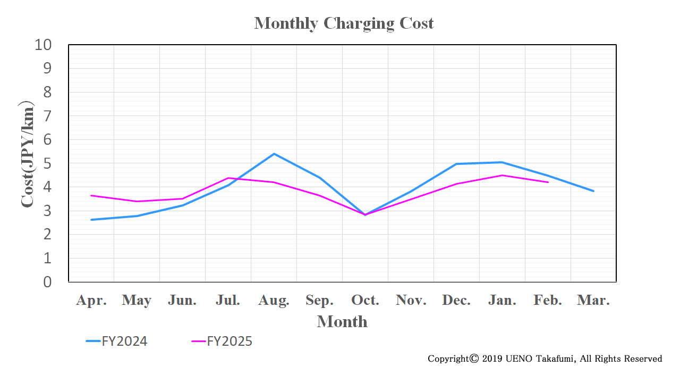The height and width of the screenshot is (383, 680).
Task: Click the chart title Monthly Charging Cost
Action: pos(344,23)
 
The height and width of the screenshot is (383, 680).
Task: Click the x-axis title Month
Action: pos(342,322)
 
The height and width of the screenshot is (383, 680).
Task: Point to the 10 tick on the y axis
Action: pos(43,45)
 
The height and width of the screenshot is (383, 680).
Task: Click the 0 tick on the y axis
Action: pos(47,282)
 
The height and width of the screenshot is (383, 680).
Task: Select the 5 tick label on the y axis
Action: pos(47,163)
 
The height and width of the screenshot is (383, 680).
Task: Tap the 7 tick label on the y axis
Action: pos(47,116)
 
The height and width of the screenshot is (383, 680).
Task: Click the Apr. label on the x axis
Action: pos(91,301)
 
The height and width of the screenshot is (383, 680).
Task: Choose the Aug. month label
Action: pos(274,301)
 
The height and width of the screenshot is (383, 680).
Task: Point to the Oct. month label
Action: pos(365,301)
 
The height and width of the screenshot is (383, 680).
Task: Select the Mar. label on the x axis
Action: pos(593,301)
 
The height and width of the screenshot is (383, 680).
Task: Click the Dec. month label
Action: pos(456,301)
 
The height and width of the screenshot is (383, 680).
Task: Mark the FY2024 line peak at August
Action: pos(274,154)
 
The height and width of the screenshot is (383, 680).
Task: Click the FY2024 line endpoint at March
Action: pos(593,191)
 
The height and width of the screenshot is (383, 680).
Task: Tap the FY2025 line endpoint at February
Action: pos(548,182)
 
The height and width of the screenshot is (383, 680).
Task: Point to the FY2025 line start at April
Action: pos(91,195)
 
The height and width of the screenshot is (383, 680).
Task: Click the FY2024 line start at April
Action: pos(91,220)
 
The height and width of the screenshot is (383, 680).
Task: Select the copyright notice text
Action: pos(545,359)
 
